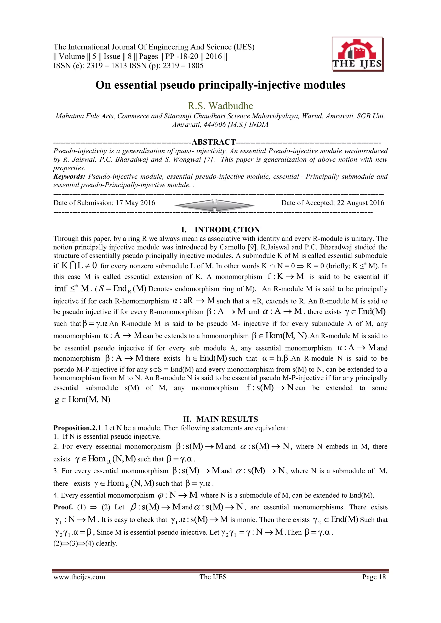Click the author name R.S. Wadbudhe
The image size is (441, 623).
tap(220, 106)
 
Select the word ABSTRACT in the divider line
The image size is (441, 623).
tap(214, 142)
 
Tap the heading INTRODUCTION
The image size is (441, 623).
tap(227, 230)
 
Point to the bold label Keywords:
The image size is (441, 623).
tap(69, 177)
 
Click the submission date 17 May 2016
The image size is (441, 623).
tap(135, 203)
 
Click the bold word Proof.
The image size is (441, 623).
tap(63, 507)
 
